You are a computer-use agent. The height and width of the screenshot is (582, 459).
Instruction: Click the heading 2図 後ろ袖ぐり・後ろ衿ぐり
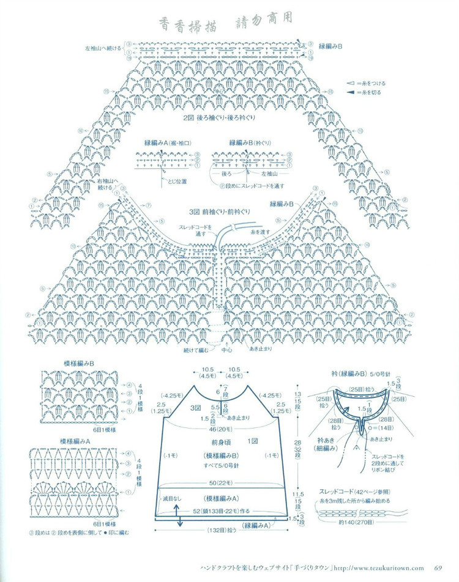click(218, 117)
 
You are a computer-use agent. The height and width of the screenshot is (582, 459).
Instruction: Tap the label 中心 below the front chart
click(226, 351)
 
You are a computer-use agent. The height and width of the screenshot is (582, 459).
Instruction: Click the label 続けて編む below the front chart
click(195, 351)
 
